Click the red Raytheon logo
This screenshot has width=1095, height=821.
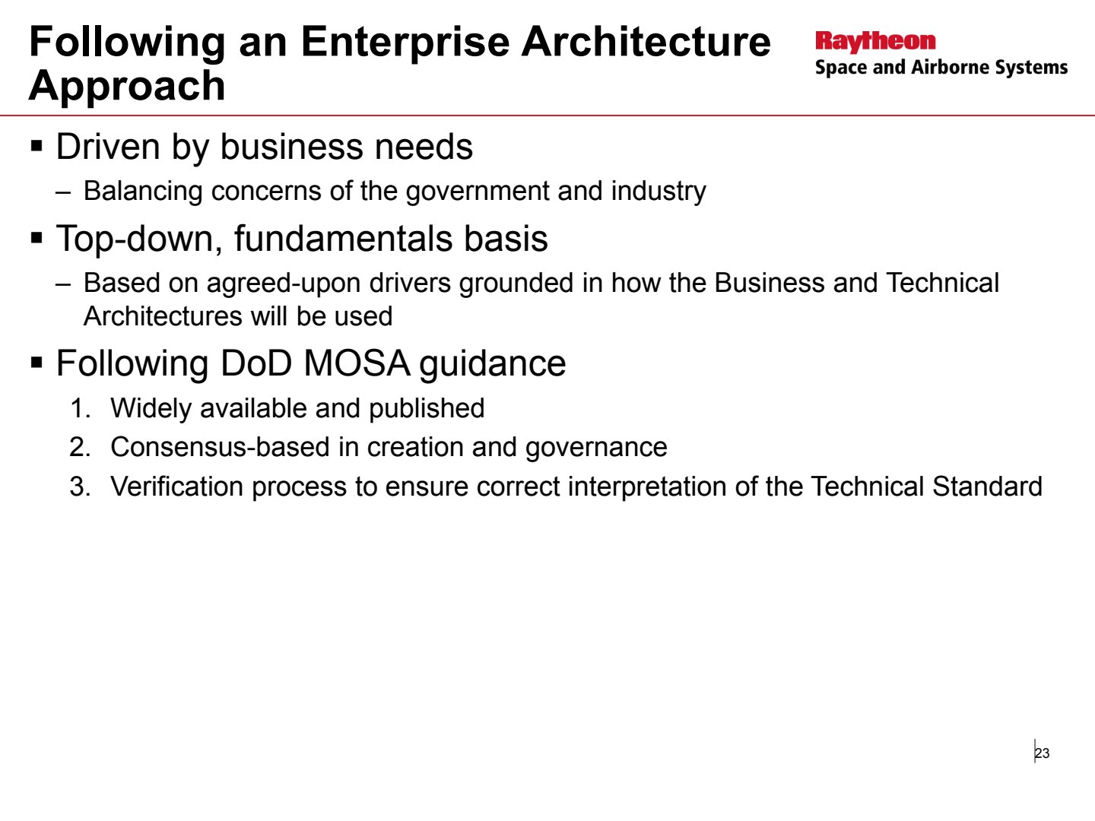coord(875,42)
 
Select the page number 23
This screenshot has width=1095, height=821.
coord(1043,753)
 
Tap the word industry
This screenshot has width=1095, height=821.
coord(659,192)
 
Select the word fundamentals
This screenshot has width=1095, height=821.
coord(344,238)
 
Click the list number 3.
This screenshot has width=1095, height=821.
coord(80,487)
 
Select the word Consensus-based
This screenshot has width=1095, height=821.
coord(220,447)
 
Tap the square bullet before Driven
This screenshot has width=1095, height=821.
coord(36,147)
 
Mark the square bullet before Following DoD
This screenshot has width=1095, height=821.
coord(36,363)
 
